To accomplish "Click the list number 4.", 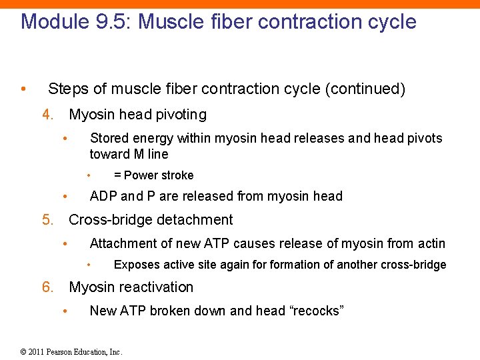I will (47, 114).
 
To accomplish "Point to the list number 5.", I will (47, 219).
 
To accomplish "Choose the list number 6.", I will (47, 287).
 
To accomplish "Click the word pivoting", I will (181, 114).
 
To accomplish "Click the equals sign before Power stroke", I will (117, 175).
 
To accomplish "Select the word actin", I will (431, 243).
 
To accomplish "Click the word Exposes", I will (135, 265).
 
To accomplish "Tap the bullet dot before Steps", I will (23, 89).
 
